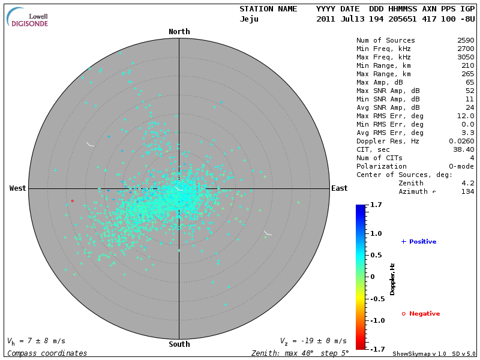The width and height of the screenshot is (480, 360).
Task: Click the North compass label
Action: [x=179, y=32]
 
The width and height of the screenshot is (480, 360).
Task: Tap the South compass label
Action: [x=179, y=344]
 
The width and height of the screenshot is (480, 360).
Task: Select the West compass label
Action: [x=18, y=188]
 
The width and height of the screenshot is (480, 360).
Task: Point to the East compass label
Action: [x=339, y=188]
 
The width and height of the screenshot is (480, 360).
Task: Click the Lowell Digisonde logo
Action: [x=29, y=17]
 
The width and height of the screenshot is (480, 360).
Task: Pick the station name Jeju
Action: [x=249, y=19]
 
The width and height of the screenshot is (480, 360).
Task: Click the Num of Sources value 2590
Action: [x=465, y=41]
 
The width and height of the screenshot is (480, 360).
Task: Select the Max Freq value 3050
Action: [x=465, y=58]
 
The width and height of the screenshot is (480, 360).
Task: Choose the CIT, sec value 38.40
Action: [x=463, y=149]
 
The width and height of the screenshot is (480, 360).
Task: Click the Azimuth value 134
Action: [x=467, y=191]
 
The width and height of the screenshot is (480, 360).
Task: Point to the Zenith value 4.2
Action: [x=469, y=183]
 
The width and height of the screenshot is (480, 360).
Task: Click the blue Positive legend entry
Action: [x=419, y=242]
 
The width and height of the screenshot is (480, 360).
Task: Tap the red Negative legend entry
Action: [x=421, y=314]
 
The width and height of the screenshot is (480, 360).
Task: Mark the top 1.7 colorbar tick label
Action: [x=377, y=205]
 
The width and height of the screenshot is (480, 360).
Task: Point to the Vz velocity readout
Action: [x=313, y=341]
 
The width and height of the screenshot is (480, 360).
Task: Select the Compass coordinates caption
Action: [x=47, y=353]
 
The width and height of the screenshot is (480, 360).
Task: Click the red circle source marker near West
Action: [x=73, y=201]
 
